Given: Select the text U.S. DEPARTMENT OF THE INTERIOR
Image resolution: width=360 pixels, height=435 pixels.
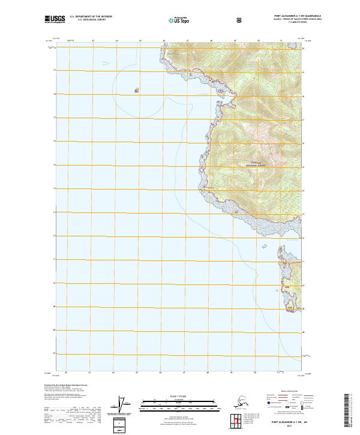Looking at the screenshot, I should point(90,17).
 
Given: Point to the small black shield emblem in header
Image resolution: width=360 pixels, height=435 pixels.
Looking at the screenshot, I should point(240,20).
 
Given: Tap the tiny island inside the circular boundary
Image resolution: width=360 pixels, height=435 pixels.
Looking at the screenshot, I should point(137,91).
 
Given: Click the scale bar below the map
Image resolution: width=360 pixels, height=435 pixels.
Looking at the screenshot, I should point(180,403).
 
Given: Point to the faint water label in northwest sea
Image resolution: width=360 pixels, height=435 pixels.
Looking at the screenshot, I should point(106,62).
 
